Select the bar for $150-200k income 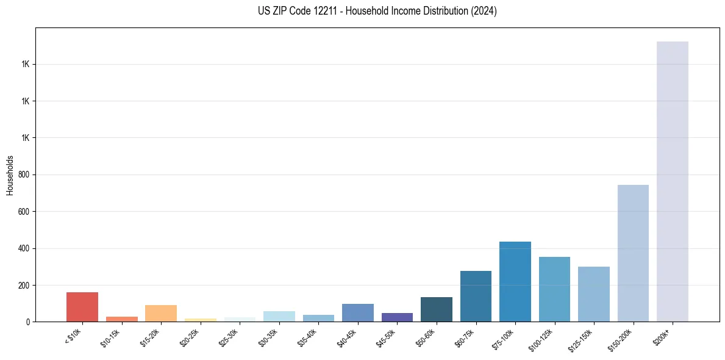pos(633,253)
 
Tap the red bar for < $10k pos(82,307)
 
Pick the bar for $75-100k pos(515,282)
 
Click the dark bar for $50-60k pos(436,309)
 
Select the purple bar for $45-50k pos(397,317)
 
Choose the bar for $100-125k pos(554,289)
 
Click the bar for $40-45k pos(357,312)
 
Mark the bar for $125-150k pos(593,294)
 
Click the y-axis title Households pos(10,175)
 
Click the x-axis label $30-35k pos(268,338)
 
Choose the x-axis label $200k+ pos(663,336)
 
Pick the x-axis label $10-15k pos(111,338)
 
